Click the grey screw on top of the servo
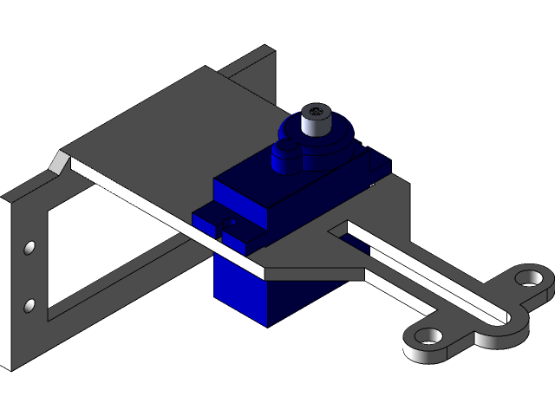(316, 120)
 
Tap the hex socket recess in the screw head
(316, 111)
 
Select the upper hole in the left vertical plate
(29, 249)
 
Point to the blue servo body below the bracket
(251, 295)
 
